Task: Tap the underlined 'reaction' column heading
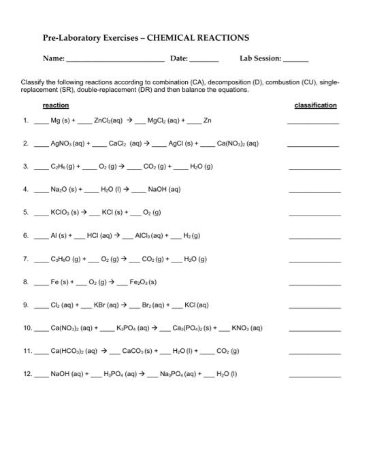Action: [x=55, y=105]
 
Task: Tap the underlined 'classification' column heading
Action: [x=315, y=105]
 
